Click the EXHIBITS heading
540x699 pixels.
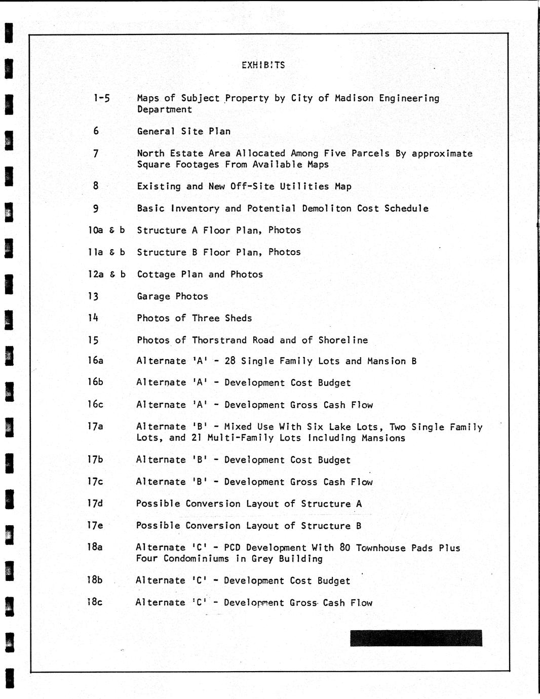pyautogui.click(x=263, y=65)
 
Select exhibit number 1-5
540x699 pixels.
pyautogui.click(x=101, y=98)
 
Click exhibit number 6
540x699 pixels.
pyautogui.click(x=96, y=131)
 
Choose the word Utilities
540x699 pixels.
pyautogui.click(x=304, y=186)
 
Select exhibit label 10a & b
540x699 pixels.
pyautogui.click(x=106, y=230)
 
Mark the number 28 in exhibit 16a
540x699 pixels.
pyautogui.click(x=230, y=361)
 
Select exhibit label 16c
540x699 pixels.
pyautogui.click(x=95, y=404)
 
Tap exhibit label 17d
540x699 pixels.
pyautogui.click(x=95, y=503)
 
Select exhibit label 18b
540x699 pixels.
pyautogui.click(x=95, y=580)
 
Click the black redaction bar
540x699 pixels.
pyautogui.click(x=416, y=638)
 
